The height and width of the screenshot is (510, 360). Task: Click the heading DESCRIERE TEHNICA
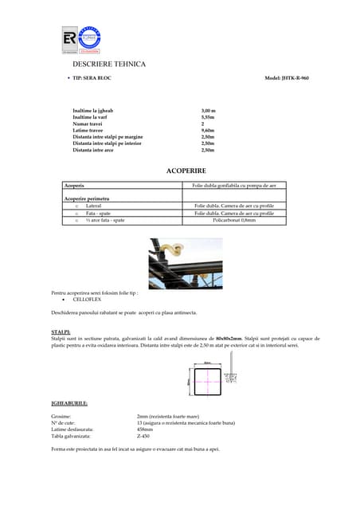click(x=109, y=64)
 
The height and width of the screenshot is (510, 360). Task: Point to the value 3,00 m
click(x=209, y=111)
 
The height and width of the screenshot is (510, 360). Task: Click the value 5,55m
click(x=207, y=117)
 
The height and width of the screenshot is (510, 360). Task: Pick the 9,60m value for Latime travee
click(x=207, y=130)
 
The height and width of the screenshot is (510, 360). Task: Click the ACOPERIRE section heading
click(x=185, y=171)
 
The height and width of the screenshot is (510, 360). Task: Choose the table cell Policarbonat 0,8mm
click(x=233, y=220)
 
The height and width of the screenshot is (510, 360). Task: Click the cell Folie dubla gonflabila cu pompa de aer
click(x=233, y=185)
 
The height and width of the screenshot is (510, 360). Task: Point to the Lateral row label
click(x=94, y=206)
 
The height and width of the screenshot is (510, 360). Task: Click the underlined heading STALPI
click(x=61, y=331)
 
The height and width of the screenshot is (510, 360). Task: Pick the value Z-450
click(x=145, y=436)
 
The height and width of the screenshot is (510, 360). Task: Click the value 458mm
click(x=145, y=430)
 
